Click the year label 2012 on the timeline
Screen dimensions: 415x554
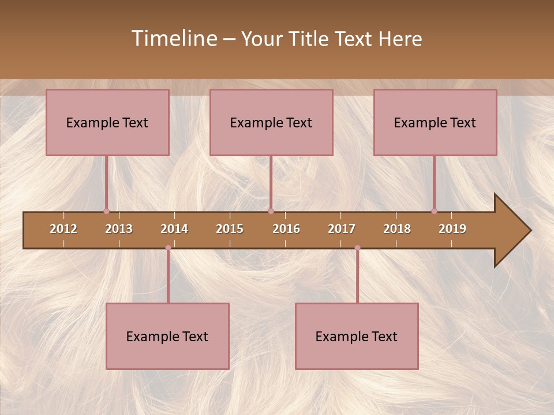point(63,229)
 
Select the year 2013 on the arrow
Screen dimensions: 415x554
point(119,229)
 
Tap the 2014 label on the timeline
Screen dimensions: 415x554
point(174,229)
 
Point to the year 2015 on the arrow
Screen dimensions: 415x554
point(230,229)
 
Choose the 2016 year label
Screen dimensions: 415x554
point(286,229)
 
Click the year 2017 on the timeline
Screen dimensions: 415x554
point(342,229)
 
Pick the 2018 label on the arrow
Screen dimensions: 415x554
point(397,229)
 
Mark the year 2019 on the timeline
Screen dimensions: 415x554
point(452,229)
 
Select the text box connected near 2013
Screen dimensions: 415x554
point(107,122)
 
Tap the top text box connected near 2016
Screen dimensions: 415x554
point(271,122)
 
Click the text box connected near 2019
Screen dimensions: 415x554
point(435,122)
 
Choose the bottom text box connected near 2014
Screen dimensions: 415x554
point(167,336)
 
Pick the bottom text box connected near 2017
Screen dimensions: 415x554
point(357,336)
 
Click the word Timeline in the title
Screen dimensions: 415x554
point(173,39)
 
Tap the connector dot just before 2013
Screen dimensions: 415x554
point(107,211)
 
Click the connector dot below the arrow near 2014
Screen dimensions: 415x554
point(168,248)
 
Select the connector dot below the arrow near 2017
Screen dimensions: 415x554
point(357,248)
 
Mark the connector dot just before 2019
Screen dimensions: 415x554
point(434,211)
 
